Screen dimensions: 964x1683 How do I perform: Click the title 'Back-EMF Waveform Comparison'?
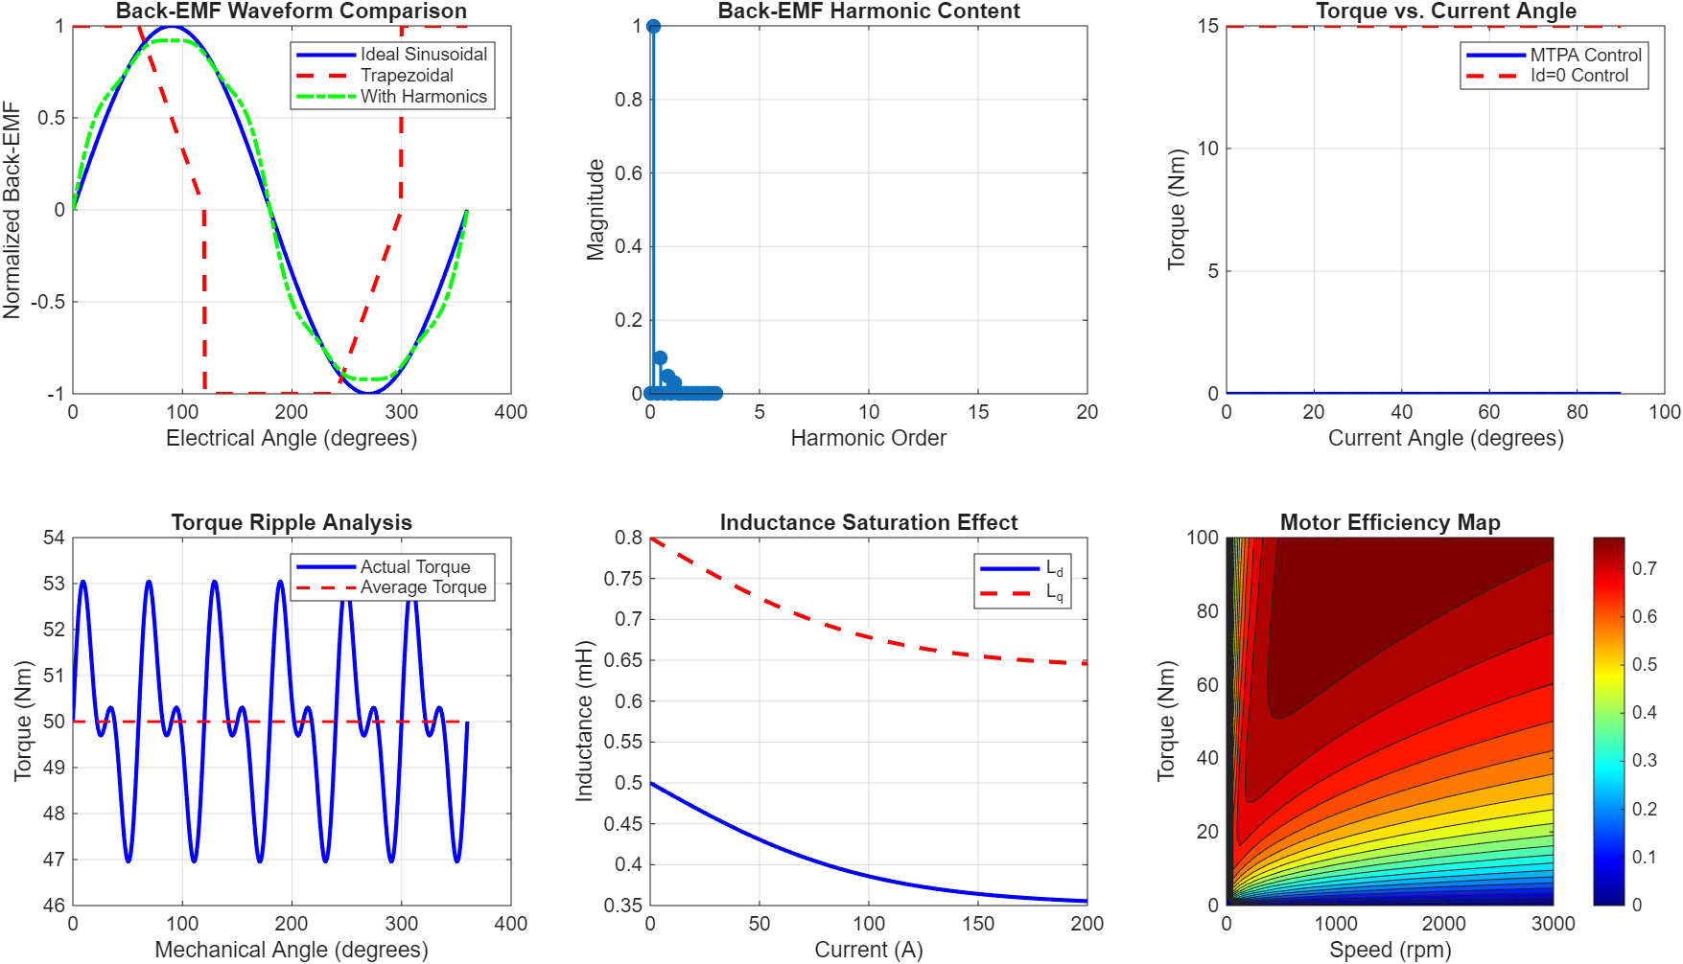292,11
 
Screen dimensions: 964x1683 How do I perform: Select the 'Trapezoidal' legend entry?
407,76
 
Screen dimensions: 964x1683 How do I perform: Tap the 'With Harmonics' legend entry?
423,97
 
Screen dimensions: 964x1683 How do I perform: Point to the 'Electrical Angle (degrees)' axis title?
292,438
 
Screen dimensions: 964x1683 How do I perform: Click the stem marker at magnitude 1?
653,26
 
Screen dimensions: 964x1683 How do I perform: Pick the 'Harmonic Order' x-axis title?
868,438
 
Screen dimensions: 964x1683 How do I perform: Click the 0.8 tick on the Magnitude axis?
628,100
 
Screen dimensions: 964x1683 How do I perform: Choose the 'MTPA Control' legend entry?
1585,56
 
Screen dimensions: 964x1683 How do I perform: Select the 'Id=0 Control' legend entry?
1578,76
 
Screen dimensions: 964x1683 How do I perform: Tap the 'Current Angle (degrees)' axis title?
1445,438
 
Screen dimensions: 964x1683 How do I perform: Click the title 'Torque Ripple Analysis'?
292,522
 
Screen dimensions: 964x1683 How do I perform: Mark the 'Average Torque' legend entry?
423,587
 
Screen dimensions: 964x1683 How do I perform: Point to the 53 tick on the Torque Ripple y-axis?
54,584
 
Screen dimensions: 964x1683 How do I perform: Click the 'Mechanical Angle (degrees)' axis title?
292,950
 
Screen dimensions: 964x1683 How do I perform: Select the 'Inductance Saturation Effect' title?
868,522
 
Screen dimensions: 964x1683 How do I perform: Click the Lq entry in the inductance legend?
1054,593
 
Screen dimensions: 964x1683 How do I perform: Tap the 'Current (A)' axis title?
868,950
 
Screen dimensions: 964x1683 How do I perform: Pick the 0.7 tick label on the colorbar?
1644,569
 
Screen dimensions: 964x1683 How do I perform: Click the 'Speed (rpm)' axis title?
1390,950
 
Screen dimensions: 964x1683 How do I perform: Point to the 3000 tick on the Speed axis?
1553,924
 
